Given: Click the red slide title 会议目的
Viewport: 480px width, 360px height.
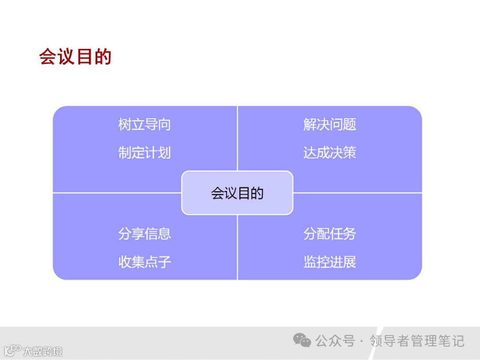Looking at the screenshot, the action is pos(75,57).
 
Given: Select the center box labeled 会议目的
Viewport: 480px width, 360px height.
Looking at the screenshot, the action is pos(237,193).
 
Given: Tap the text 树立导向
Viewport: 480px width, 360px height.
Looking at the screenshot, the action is pos(144,124).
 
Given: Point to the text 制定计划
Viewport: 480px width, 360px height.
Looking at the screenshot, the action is pos(144,153).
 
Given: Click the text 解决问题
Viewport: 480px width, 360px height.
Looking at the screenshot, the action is pos(330,124).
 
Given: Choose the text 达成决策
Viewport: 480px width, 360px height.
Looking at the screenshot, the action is pos(330,153).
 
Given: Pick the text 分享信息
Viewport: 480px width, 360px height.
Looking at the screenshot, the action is pos(144,234).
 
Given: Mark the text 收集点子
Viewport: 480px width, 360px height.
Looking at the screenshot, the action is pos(144,262).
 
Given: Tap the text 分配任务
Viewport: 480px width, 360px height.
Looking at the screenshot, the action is pos(330,234).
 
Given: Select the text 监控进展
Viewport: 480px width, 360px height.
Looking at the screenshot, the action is pos(330,262).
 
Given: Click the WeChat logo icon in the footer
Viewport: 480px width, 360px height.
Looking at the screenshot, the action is pos(302,341).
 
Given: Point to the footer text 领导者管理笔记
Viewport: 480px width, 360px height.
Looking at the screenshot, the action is pos(417,341).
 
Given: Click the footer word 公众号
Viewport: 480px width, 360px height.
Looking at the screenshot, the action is pos(335,341).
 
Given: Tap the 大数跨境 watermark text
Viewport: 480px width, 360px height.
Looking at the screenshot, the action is pos(43,352).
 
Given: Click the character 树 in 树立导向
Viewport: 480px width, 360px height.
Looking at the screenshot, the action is pos(125,124).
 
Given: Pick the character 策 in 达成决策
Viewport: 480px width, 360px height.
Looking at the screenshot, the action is pos(350,153).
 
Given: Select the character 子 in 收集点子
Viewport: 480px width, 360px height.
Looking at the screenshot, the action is pos(164,262).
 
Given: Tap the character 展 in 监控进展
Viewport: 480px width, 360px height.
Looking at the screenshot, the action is pos(350,262).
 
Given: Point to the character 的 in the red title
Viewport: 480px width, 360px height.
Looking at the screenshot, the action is pos(103,57).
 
